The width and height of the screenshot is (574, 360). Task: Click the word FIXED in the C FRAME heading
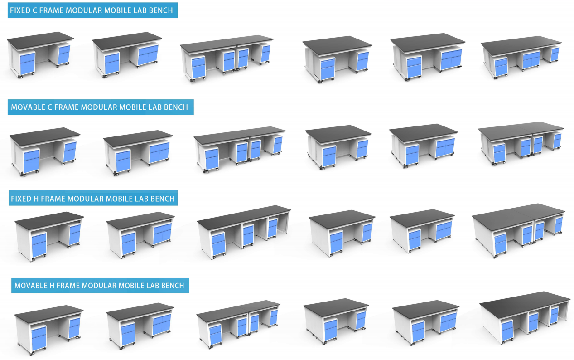20,10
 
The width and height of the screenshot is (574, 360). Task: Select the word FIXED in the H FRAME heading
21,199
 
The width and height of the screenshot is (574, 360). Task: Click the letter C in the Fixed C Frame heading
35,10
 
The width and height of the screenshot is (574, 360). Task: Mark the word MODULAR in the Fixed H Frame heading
87,199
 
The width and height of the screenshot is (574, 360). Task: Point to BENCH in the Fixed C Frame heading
162,10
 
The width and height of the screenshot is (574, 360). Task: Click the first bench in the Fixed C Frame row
40,54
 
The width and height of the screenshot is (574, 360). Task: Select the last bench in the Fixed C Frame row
521,58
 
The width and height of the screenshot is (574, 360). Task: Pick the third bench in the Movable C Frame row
240,148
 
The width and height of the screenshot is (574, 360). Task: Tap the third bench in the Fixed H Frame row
244,230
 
